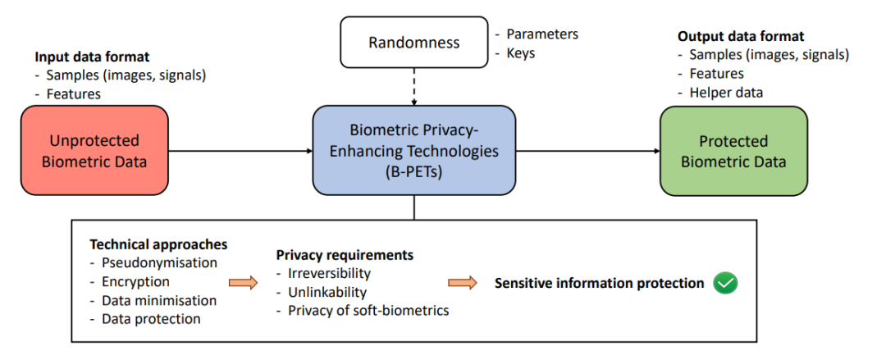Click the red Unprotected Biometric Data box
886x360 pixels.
click(x=94, y=151)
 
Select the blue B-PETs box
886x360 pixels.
click(x=414, y=151)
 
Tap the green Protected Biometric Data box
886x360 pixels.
click(x=733, y=151)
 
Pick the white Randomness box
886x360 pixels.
click(x=414, y=42)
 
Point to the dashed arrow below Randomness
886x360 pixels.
click(x=414, y=86)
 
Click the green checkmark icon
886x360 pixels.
click(x=725, y=283)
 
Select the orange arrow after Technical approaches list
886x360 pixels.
click(x=242, y=282)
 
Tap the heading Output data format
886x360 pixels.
click(x=741, y=37)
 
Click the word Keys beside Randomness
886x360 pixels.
click(x=520, y=53)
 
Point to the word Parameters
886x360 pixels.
click(x=542, y=34)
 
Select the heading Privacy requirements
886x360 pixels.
click(x=345, y=255)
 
